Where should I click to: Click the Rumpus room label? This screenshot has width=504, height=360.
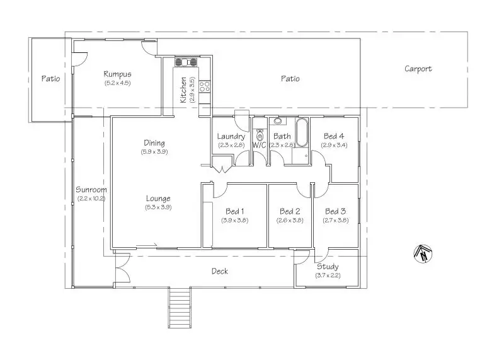click(x=117, y=74)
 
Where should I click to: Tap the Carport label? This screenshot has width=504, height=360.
click(x=418, y=69)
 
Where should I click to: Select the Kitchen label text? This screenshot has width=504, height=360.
click(x=183, y=90)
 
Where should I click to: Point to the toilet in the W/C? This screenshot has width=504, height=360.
click(x=260, y=134)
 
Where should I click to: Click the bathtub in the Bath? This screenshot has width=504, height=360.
click(x=302, y=132)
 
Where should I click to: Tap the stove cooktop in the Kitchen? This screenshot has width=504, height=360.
click(x=205, y=86)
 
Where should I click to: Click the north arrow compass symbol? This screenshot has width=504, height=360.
click(x=422, y=253)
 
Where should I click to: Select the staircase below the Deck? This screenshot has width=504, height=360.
click(x=180, y=307)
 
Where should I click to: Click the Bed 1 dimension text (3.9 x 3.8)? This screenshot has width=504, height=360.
click(x=234, y=221)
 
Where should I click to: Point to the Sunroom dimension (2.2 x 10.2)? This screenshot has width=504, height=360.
click(x=91, y=199)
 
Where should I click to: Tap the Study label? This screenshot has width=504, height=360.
click(x=328, y=267)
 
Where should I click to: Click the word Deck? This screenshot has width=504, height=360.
click(x=220, y=271)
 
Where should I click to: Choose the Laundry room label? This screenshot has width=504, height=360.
click(x=231, y=136)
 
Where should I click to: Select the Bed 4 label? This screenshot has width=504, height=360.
click(x=334, y=136)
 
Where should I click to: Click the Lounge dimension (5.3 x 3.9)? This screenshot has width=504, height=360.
click(x=158, y=207)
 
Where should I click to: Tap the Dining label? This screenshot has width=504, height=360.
click(x=154, y=143)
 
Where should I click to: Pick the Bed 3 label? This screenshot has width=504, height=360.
click(x=336, y=211)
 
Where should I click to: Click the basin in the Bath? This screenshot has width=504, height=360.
click(x=277, y=121)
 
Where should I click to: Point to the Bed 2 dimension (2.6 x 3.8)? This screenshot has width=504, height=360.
click(x=290, y=221)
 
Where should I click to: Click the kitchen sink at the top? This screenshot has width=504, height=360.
click(x=186, y=62)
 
